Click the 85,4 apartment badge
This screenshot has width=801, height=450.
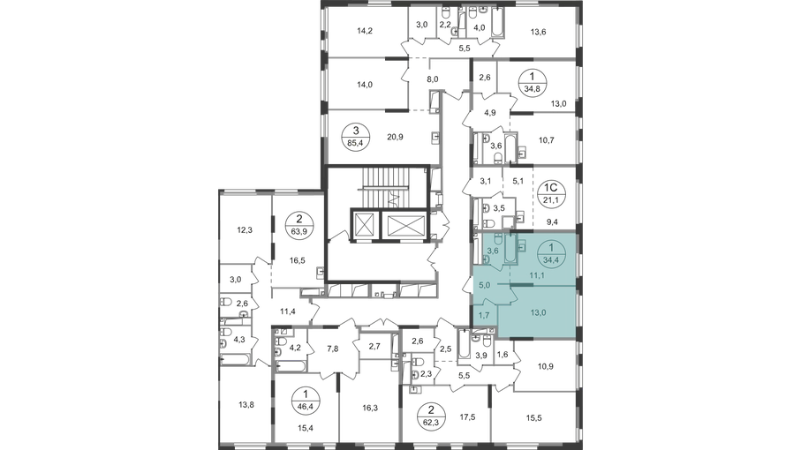pyautogui.click(x=356, y=136)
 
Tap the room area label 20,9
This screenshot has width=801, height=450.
pyautogui.click(x=395, y=137)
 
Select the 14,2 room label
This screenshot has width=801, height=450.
pyautogui.click(x=365, y=31)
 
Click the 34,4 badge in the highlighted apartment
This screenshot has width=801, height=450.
pyautogui.click(x=551, y=253)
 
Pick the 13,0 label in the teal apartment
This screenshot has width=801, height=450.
pyautogui.click(x=538, y=312)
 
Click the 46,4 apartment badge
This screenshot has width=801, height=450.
pyautogui.click(x=306, y=400)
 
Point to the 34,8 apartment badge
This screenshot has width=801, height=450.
pyautogui.click(x=533, y=82)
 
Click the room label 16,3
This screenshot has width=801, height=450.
pyautogui.click(x=370, y=408)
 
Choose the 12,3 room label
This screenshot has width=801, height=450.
pyautogui.click(x=245, y=230)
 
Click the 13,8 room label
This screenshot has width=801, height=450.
pyautogui.click(x=246, y=405)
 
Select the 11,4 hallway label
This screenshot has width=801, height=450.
pyautogui.click(x=288, y=311)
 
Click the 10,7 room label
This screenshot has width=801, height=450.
pyautogui.click(x=546, y=139)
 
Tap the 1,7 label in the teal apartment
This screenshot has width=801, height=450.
pyautogui.click(x=484, y=315)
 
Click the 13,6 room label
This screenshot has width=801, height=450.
pyautogui.click(x=538, y=32)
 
